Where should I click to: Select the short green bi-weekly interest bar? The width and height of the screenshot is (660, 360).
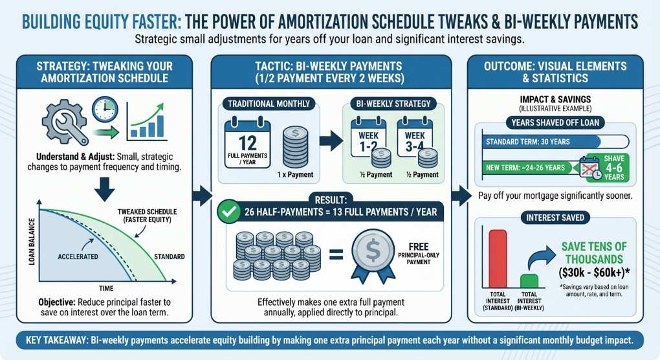529,282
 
